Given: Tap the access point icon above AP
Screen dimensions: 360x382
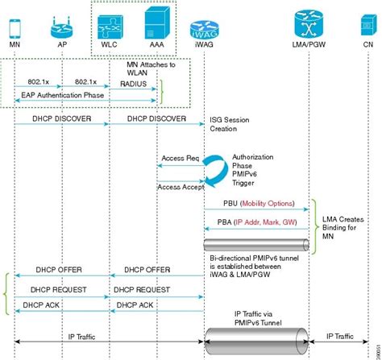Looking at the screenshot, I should coord(62,27).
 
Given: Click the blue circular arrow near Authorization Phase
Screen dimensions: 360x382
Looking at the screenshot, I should coord(214,172).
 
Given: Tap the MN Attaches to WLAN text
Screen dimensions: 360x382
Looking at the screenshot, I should coord(152,67).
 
